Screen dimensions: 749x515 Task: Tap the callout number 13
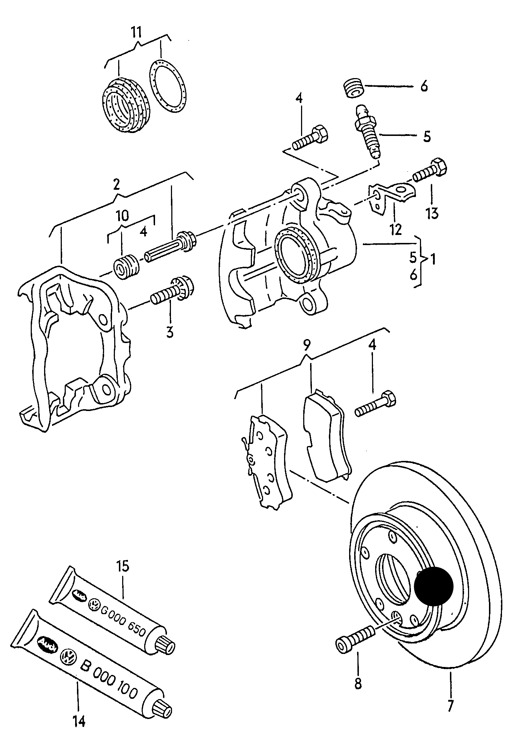[432, 213]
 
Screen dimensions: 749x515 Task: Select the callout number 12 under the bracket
[396, 229]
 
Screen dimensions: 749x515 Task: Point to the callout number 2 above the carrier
[116, 184]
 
